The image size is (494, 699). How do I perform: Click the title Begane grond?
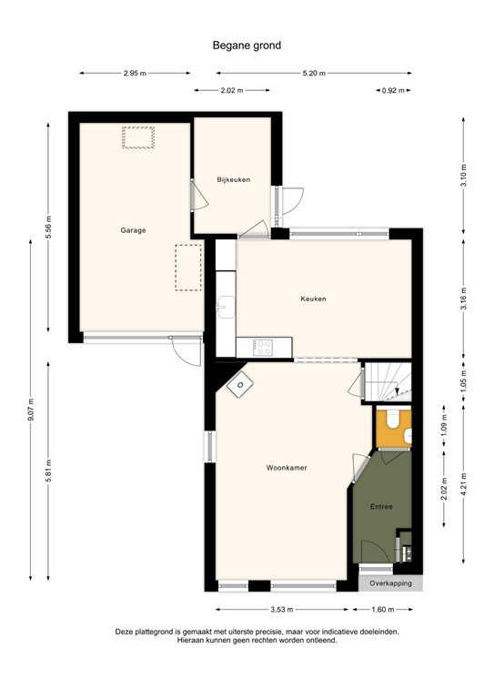[x=246, y=43]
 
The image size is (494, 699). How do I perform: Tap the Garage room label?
[x=133, y=230]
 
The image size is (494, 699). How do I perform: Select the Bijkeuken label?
[x=233, y=180]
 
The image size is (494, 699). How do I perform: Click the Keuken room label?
[x=313, y=299]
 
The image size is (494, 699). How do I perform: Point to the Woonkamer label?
[x=286, y=468]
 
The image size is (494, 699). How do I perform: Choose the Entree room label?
[x=381, y=506]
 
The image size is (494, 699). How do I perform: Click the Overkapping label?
[x=390, y=582]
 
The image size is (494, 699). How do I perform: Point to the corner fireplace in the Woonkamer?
[x=239, y=386]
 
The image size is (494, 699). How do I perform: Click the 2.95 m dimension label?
[x=135, y=74]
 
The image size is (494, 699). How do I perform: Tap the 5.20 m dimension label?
[x=313, y=74]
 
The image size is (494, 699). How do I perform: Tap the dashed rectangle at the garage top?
[x=139, y=137]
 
